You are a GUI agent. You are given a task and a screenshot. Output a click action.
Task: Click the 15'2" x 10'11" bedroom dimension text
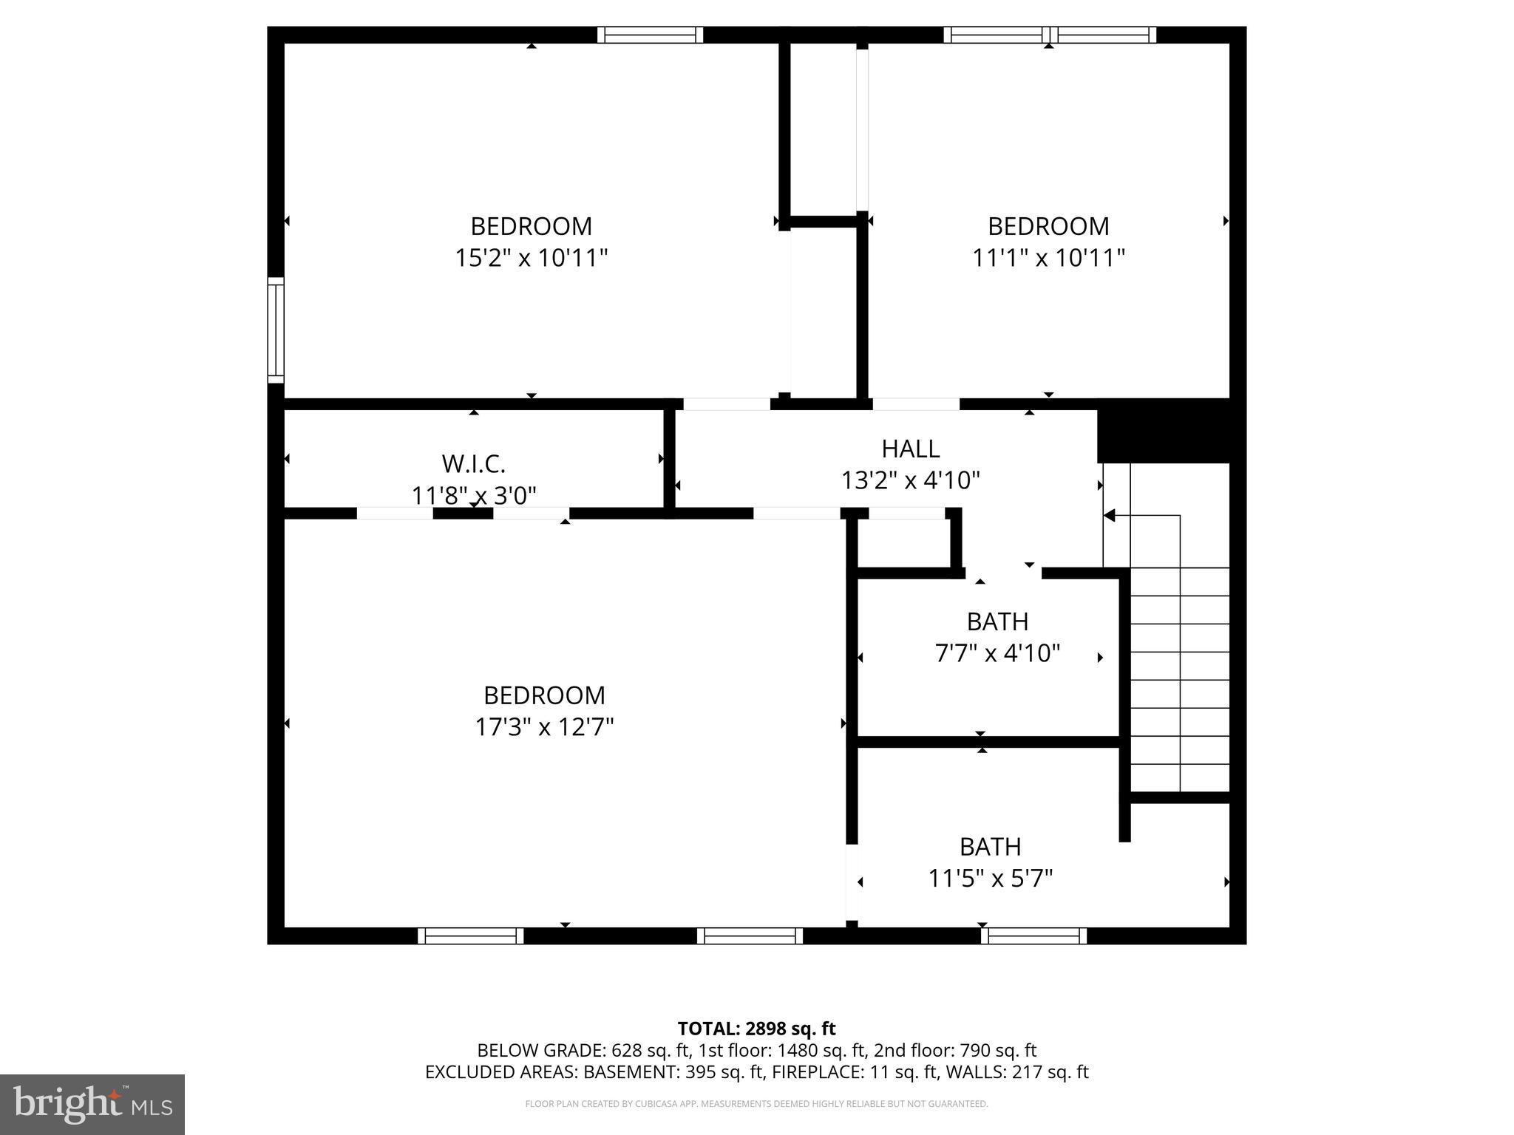[x=531, y=258]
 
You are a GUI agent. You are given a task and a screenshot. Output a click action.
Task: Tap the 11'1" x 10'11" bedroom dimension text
[x=1048, y=258]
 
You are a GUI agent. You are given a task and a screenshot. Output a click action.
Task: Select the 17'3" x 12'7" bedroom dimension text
[x=544, y=727]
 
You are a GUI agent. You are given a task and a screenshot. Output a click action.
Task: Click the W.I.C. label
[x=473, y=464]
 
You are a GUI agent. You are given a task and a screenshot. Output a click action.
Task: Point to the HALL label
[x=910, y=449]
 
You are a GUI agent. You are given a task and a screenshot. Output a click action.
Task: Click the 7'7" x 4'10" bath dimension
[x=997, y=653]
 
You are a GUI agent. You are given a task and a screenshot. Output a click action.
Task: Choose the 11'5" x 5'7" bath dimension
[x=990, y=879]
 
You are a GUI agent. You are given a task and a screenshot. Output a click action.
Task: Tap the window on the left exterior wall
[x=275, y=330]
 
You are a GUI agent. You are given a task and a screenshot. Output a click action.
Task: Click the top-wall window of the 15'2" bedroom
[x=650, y=35]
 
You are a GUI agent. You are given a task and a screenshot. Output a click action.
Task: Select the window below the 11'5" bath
[x=1033, y=935]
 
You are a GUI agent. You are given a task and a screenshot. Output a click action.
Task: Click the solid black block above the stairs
[x=1163, y=432]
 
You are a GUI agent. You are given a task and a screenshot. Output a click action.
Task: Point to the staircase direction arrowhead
[x=1109, y=515]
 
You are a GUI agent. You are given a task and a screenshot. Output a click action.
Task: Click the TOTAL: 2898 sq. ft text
[x=756, y=1029]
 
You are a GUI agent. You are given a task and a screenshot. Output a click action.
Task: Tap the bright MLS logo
[x=92, y=1104]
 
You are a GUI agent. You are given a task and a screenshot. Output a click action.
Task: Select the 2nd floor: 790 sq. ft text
[x=955, y=1050]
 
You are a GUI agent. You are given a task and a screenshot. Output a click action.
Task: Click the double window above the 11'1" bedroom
[x=1049, y=35]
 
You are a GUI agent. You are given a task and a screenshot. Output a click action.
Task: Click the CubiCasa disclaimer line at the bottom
[x=756, y=1104]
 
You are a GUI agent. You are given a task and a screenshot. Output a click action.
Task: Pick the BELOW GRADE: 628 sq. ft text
[x=583, y=1050]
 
